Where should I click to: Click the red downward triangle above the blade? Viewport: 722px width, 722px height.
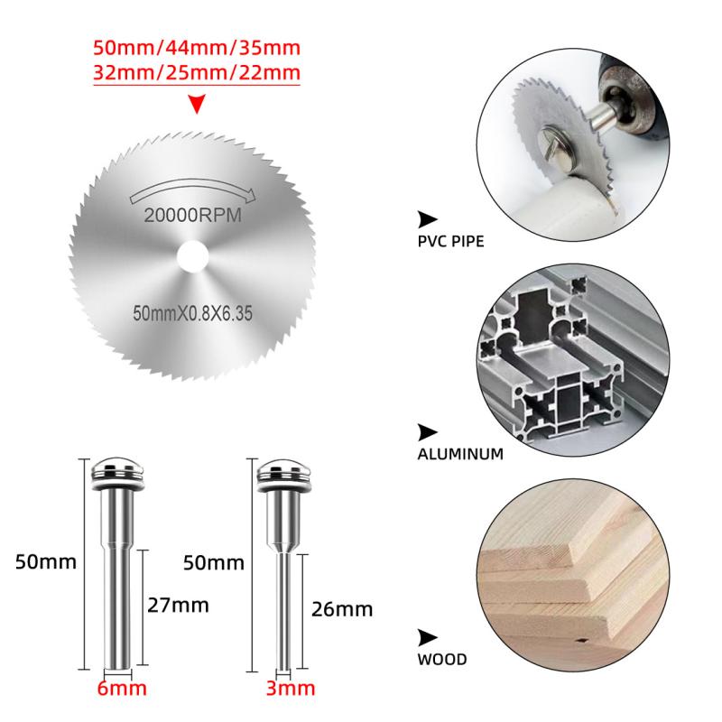pyautogui.click(x=197, y=104)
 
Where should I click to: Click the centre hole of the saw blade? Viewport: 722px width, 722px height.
pyautogui.click(x=193, y=256)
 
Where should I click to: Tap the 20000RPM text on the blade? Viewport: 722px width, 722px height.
pyautogui.click(x=193, y=215)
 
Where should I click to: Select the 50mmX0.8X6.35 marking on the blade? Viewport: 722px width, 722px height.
pyautogui.click(x=192, y=313)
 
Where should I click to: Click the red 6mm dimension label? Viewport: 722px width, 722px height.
pyautogui.click(x=122, y=689)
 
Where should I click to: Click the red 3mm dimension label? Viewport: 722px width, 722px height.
pyautogui.click(x=291, y=689)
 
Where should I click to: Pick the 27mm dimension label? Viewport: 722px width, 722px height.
pyautogui.click(x=178, y=605)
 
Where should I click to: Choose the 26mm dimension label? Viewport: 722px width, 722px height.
pyautogui.click(x=342, y=609)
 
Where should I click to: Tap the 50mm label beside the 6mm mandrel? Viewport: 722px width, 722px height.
pyautogui.click(x=46, y=562)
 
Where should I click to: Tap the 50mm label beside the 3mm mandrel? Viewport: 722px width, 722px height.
pyautogui.click(x=214, y=562)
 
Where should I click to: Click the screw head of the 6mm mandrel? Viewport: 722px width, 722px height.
pyautogui.click(x=117, y=475)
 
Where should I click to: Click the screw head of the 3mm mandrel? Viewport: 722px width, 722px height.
pyautogui.click(x=283, y=476)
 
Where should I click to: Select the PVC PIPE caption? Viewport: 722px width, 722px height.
pyautogui.click(x=450, y=242)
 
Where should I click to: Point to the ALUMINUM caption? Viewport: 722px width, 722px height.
pyautogui.click(x=460, y=454)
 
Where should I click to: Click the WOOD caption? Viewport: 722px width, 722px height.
pyautogui.click(x=442, y=660)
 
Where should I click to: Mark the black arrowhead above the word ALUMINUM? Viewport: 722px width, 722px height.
pyautogui.click(x=427, y=432)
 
